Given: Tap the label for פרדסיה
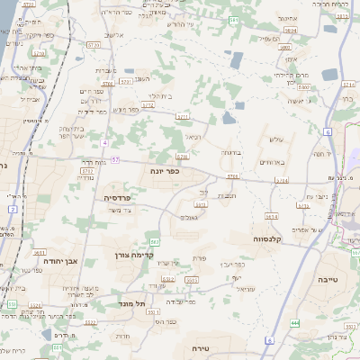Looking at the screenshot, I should (x=119, y=196).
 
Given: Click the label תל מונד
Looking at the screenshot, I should (x=131, y=304).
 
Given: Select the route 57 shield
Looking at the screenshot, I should (x=115, y=159).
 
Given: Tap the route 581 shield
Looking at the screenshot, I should (x=233, y=19).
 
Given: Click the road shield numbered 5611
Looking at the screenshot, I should (x=39, y=253).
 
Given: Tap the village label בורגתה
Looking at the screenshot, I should (x=232, y=153).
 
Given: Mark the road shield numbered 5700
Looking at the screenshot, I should (x=107, y=83).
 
